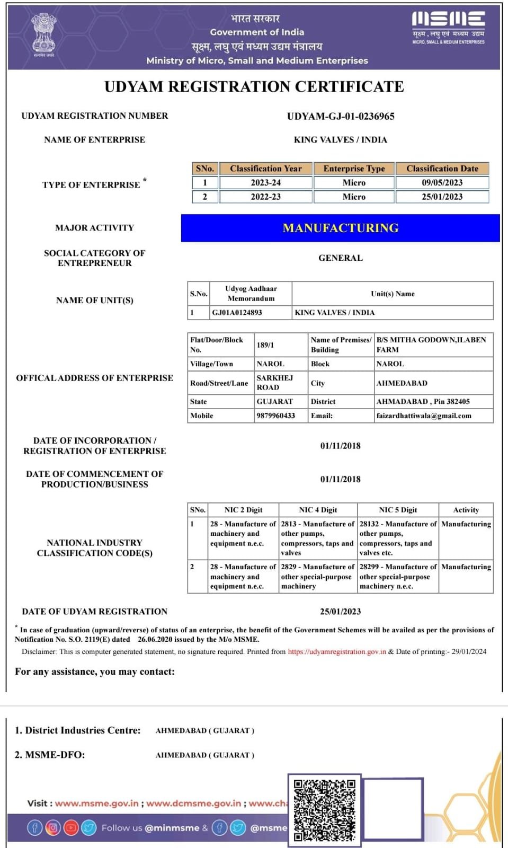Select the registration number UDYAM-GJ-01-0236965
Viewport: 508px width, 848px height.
(341, 116)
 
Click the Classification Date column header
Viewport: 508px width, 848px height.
(442, 169)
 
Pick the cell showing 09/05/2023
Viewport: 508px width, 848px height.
(442, 183)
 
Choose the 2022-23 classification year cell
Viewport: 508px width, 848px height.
(265, 197)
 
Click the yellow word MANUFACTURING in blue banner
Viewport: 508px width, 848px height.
(340, 228)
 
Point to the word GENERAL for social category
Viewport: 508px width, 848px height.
(340, 258)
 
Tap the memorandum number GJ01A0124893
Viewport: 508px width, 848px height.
(237, 313)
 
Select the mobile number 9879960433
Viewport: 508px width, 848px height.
(275, 416)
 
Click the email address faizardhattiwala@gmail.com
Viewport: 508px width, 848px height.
(423, 416)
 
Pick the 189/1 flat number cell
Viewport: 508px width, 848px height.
(265, 345)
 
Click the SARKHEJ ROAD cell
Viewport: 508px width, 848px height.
(274, 383)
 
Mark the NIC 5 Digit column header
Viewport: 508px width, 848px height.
(398, 510)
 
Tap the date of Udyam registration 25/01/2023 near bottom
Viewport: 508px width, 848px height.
(340, 612)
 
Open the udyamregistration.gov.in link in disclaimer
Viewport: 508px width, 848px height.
(336, 652)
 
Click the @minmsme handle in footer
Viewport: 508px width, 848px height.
(172, 828)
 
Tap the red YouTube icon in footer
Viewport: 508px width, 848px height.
(71, 827)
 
